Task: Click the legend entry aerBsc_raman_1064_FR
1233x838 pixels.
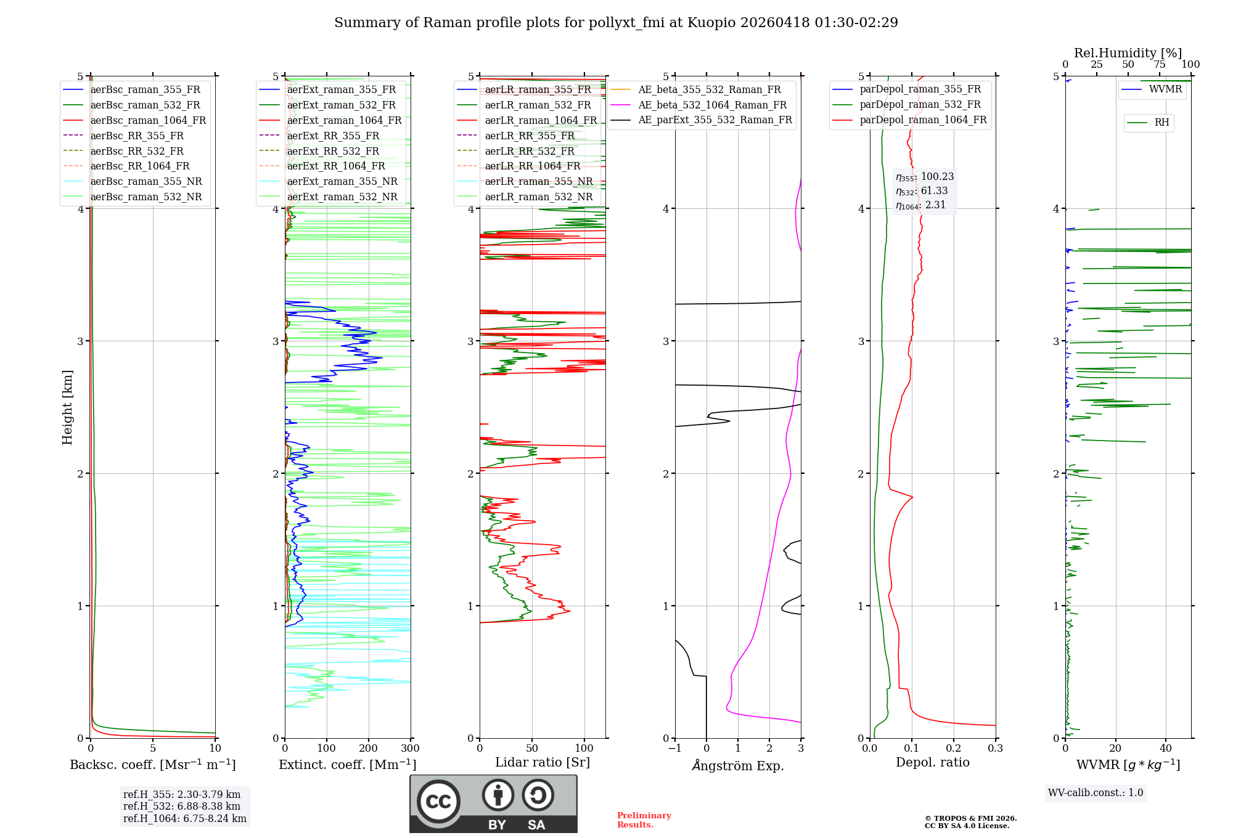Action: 148,121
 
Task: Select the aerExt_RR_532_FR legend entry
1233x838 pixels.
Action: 333,151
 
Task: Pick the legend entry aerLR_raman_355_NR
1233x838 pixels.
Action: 538,182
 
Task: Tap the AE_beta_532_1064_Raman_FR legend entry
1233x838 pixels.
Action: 712,105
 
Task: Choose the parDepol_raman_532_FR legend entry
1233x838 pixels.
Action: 920,105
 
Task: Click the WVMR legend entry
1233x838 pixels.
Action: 1165,89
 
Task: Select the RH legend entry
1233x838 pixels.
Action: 1161,123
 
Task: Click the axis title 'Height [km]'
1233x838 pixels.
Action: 67,407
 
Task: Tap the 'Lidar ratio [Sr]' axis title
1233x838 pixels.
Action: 542,762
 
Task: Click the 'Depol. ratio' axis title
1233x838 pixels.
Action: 932,762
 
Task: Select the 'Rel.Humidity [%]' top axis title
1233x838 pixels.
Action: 1128,53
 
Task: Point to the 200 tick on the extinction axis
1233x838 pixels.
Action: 369,749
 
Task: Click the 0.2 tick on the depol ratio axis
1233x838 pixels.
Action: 953,749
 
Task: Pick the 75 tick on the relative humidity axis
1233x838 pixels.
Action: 1159,65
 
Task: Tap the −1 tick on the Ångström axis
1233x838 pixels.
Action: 674,749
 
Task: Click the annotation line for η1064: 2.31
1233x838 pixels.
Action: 920,205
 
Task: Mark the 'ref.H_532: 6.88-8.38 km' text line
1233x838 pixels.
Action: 182,806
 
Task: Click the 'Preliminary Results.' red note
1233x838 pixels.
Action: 644,820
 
